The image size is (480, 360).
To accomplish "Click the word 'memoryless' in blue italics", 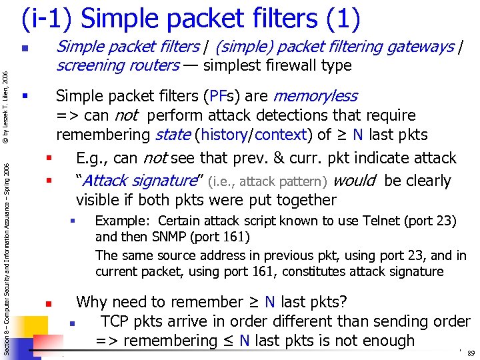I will click(315, 97).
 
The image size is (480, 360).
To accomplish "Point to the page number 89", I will click(471, 353).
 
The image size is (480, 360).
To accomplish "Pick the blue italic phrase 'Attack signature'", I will click(137, 181).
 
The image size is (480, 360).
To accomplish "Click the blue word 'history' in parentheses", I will click(224, 135).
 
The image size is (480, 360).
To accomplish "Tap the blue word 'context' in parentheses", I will click(279, 135).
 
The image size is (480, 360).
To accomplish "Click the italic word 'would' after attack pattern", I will click(355, 181).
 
